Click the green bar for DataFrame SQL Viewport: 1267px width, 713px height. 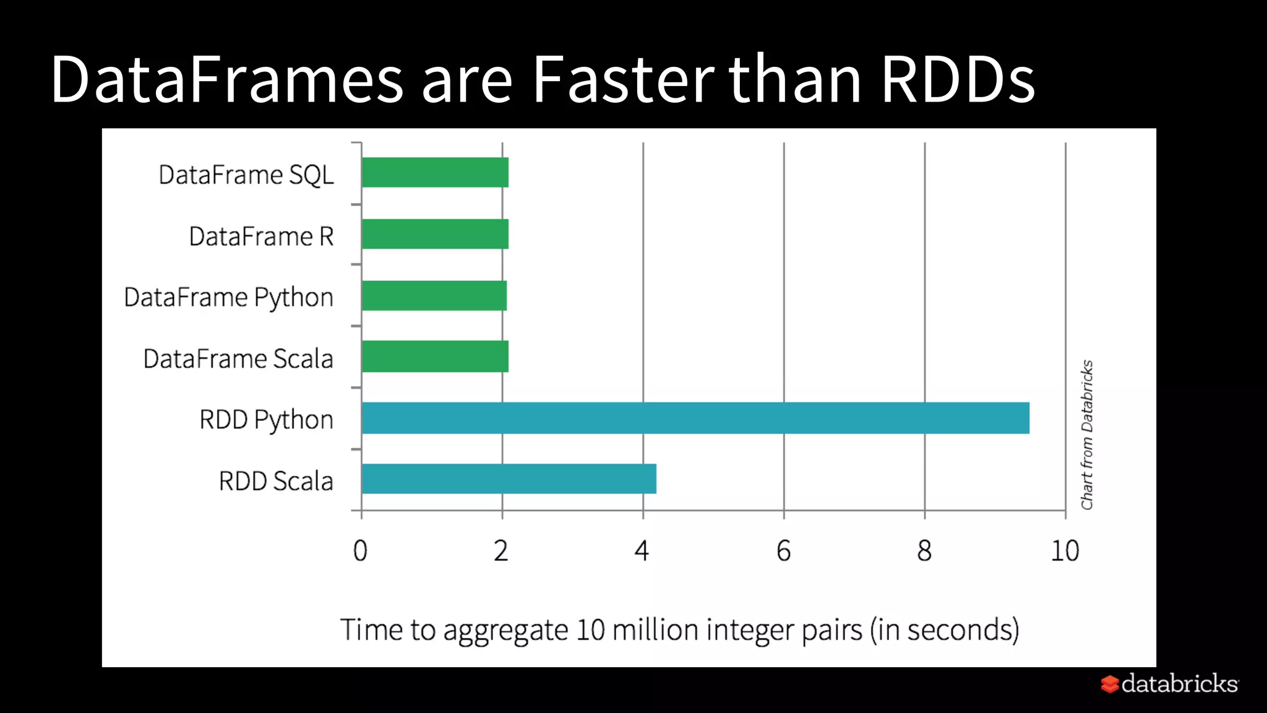435,173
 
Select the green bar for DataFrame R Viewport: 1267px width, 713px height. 435,234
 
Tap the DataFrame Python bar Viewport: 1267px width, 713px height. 434,295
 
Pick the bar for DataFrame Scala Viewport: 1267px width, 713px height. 435,356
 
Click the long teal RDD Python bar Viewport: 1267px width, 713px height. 695,418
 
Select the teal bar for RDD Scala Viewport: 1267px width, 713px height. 509,478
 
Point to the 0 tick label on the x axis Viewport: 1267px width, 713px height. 360,551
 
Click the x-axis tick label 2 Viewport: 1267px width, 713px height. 501,551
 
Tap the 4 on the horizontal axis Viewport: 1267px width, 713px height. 642,551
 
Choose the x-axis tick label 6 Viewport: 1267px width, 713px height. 783,551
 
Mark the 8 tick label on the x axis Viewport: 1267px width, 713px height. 924,551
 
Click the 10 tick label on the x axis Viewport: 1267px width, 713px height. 1065,551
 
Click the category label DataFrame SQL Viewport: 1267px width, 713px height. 246,175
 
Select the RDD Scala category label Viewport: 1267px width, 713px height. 276,482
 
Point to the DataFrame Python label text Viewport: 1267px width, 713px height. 228,298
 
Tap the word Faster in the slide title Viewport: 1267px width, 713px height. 623,79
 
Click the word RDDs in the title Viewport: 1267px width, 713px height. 958,79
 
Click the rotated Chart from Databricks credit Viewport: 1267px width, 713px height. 1087,434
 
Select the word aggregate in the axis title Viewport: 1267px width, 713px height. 505,631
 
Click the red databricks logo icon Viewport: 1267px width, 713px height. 1110,684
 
